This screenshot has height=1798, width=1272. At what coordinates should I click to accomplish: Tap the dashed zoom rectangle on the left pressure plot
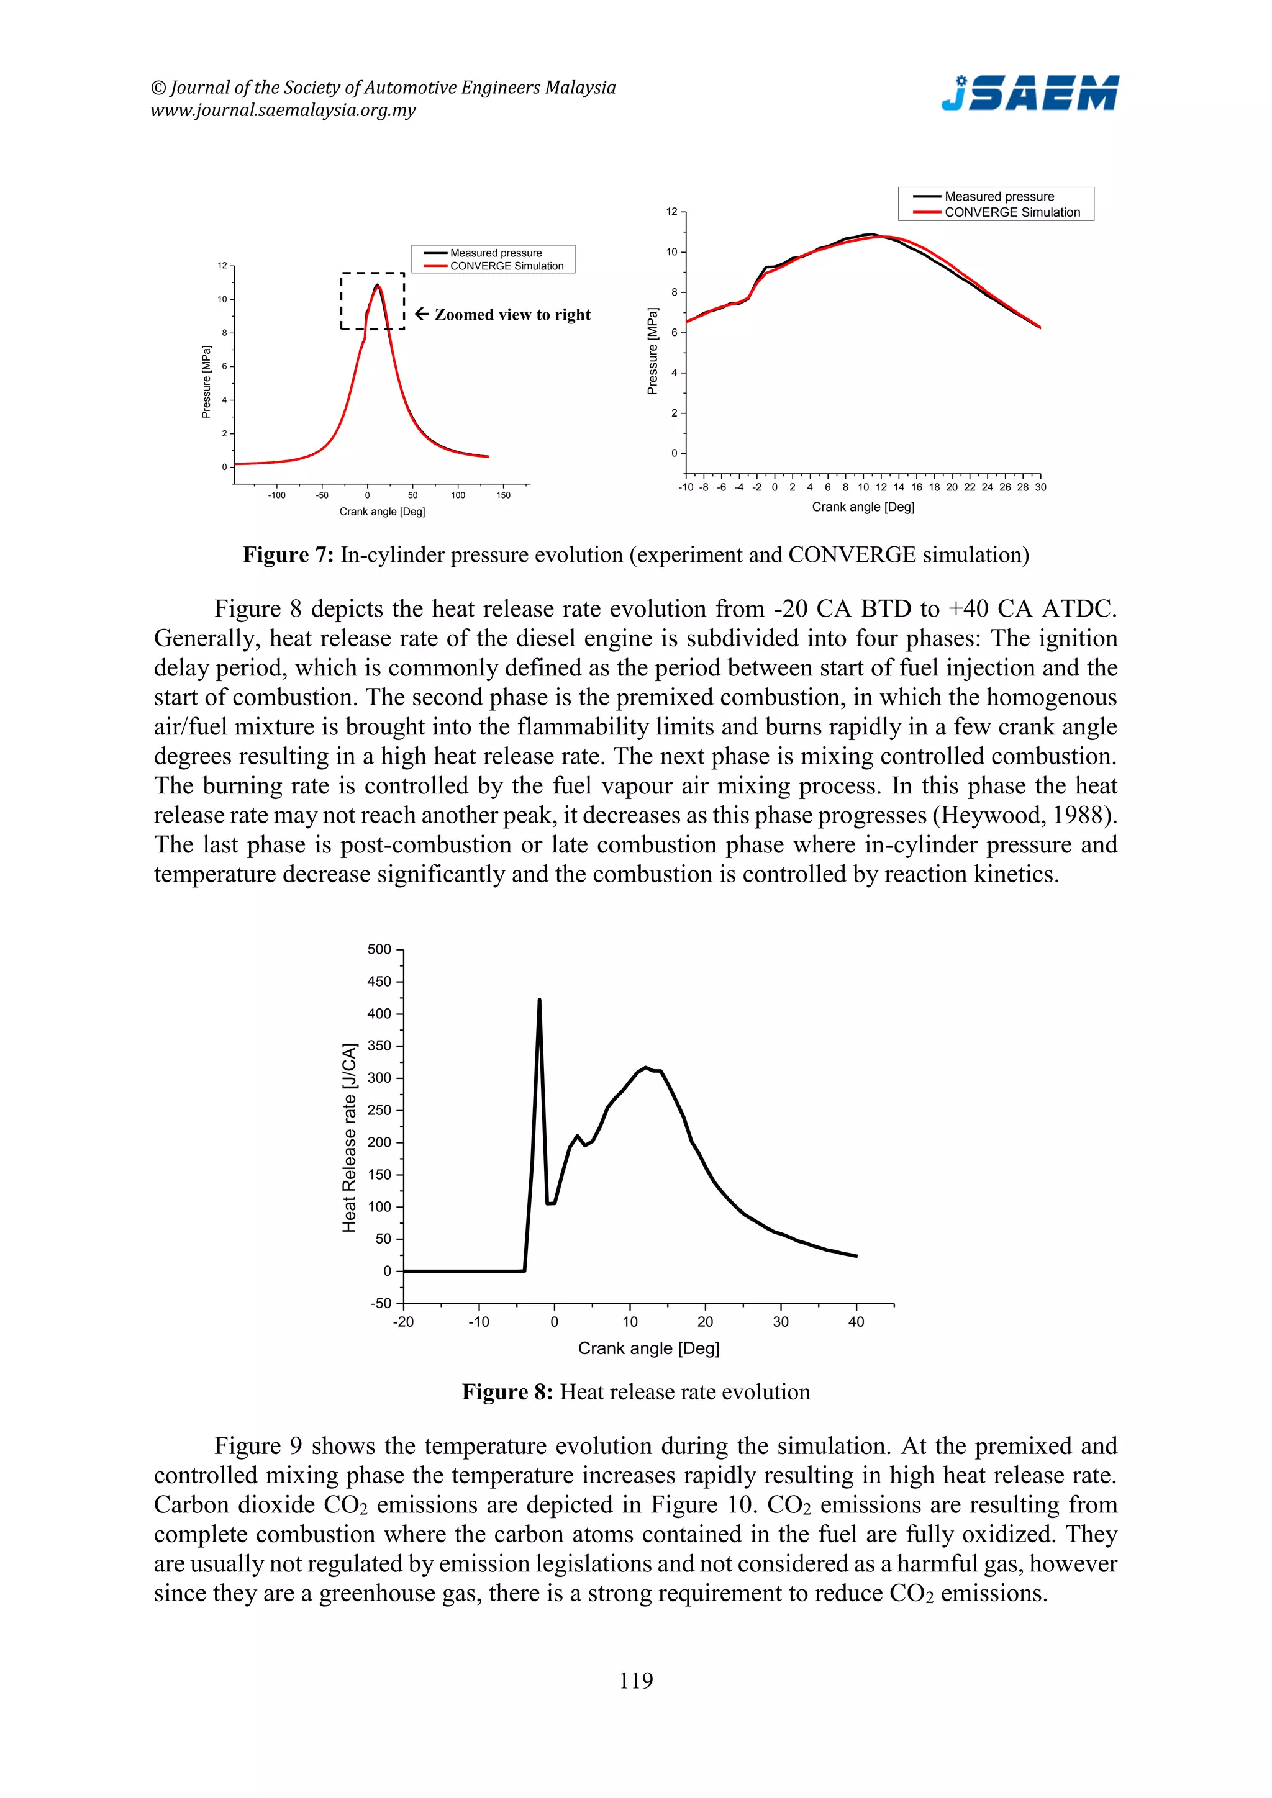coord(373,274)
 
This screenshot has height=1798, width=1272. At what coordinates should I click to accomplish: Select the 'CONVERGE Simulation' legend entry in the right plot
coord(1011,212)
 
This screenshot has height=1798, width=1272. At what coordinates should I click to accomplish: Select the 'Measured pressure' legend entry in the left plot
coord(495,253)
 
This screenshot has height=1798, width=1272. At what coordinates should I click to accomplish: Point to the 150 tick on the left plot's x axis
coord(504,495)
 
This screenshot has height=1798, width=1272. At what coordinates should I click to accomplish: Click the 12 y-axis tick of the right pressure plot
coord(671,212)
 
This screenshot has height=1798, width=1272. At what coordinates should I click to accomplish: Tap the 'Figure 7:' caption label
coord(288,555)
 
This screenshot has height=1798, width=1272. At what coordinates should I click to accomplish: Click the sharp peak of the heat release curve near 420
coord(539,1000)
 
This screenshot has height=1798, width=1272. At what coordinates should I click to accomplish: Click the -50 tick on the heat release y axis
coord(381,1303)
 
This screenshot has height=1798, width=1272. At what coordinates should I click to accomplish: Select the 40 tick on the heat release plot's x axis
coord(856,1322)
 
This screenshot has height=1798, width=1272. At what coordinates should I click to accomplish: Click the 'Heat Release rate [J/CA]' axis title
coord(349,1137)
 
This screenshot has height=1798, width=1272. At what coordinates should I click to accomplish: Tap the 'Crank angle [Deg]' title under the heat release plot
coord(648,1348)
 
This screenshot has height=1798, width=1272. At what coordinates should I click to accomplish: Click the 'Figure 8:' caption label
coord(507,1393)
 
